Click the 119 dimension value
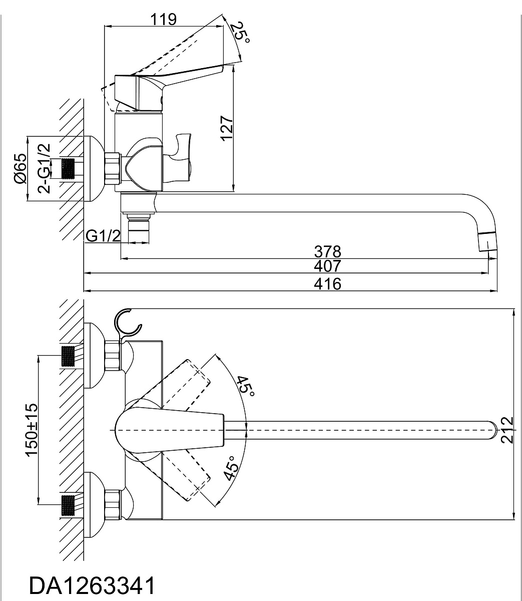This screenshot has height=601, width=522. (x=164, y=20)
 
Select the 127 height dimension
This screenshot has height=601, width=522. (x=228, y=128)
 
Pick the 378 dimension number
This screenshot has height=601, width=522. (x=327, y=251)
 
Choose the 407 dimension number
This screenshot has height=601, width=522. (x=327, y=266)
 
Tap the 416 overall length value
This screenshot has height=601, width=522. (x=327, y=284)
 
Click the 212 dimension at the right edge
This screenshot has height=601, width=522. (x=507, y=430)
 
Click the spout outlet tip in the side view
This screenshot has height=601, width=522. (x=487, y=241)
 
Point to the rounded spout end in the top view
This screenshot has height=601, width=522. (x=492, y=431)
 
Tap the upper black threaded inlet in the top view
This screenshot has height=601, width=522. (x=68, y=356)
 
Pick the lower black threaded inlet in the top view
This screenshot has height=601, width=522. (x=68, y=505)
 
